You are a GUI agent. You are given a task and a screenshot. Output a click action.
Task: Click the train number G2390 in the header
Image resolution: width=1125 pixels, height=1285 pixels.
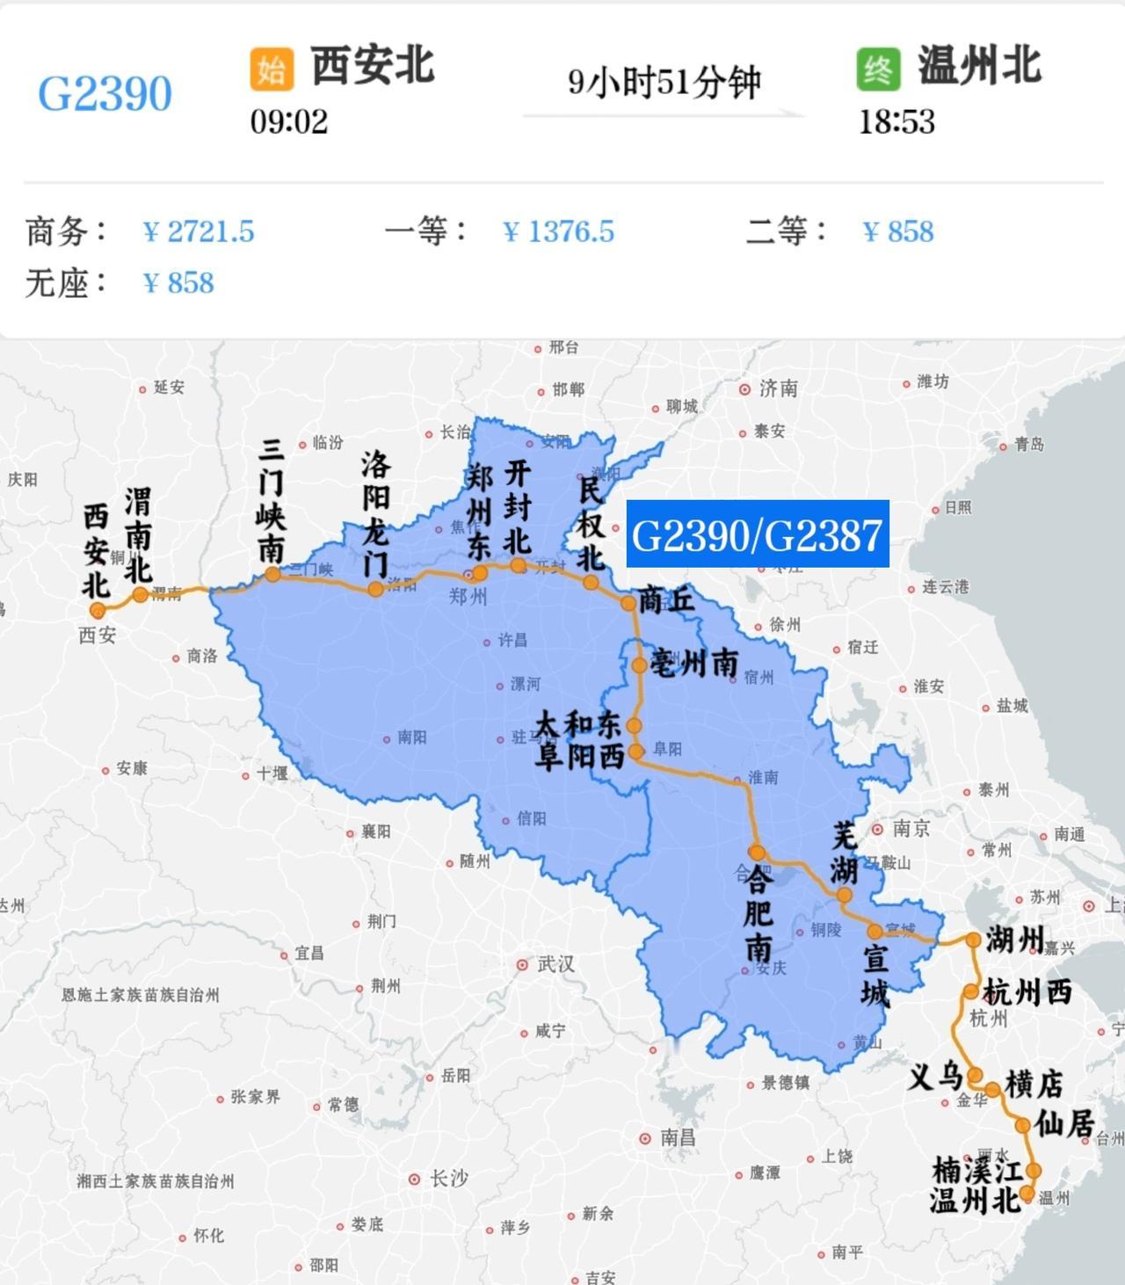(x=105, y=93)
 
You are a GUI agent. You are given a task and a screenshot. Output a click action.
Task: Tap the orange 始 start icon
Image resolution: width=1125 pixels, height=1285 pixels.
(x=271, y=69)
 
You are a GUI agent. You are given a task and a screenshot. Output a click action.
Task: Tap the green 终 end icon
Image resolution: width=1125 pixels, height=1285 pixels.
(x=878, y=69)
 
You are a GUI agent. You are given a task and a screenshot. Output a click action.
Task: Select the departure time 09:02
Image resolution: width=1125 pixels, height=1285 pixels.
(x=288, y=121)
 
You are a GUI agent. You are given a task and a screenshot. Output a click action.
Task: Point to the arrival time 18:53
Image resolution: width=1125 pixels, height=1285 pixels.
(x=896, y=121)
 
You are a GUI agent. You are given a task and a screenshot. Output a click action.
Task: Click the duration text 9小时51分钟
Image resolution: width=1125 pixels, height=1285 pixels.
(x=664, y=82)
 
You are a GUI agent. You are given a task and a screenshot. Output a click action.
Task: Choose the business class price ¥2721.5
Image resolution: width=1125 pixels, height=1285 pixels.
(x=199, y=232)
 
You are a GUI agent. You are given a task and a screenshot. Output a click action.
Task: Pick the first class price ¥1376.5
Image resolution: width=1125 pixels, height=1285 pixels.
(x=558, y=232)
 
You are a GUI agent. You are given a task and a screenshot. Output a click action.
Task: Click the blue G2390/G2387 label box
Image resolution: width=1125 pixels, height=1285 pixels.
(x=757, y=534)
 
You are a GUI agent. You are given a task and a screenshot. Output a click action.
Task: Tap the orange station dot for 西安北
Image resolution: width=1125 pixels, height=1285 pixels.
(x=98, y=610)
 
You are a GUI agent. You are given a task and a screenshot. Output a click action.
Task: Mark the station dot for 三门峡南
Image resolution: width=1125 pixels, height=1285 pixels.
(x=272, y=574)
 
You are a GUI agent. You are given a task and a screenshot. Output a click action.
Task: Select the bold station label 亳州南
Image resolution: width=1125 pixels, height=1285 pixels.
(x=694, y=663)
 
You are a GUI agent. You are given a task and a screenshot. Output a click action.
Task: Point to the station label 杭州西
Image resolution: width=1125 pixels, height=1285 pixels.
(x=1027, y=992)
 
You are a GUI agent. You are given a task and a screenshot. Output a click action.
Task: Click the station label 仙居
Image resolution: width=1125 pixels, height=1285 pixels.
(x=1063, y=1122)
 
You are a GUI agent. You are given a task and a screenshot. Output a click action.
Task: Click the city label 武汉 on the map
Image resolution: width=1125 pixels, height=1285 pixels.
(x=555, y=964)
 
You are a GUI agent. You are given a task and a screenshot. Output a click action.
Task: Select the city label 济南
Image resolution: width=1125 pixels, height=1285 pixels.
(x=778, y=388)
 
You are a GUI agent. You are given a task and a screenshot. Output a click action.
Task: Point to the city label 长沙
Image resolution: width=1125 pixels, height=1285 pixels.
(x=447, y=1179)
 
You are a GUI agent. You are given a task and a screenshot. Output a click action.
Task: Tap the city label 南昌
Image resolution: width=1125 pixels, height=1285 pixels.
(x=677, y=1137)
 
